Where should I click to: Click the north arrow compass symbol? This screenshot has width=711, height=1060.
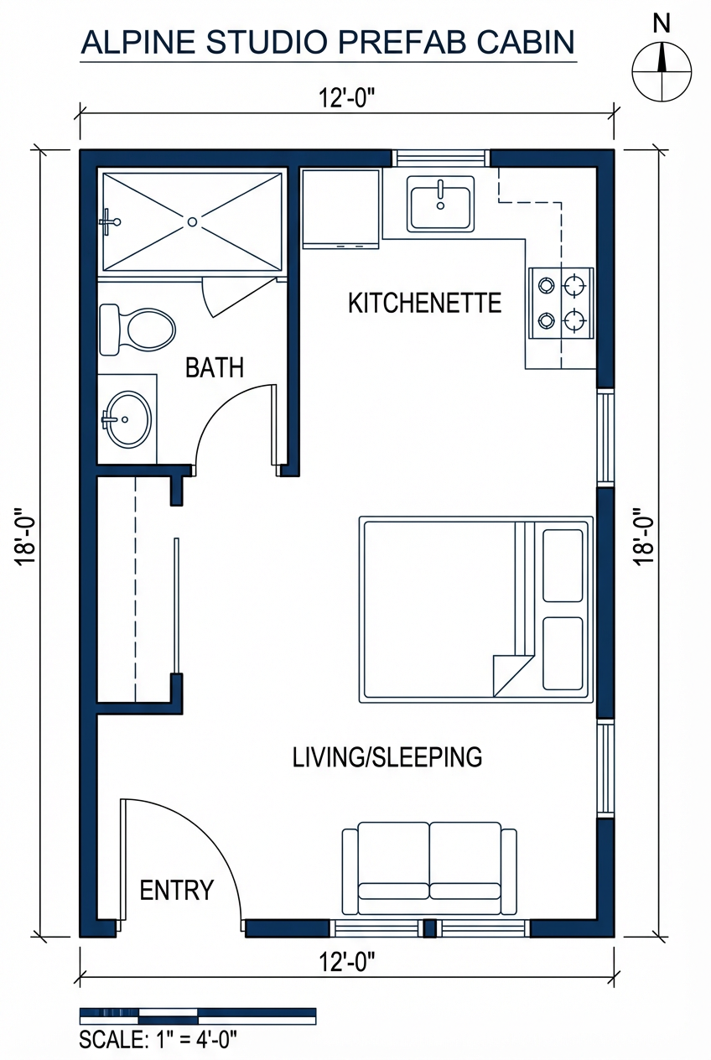(x=662, y=69)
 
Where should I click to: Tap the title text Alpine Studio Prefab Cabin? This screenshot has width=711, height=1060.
(x=328, y=42)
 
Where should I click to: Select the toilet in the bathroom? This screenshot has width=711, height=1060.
(x=137, y=329)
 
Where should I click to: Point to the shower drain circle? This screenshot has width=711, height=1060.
(x=192, y=221)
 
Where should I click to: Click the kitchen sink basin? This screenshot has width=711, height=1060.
(x=440, y=203)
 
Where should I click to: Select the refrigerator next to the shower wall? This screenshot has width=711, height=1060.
(x=341, y=209)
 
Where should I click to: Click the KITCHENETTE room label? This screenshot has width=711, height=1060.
(x=424, y=303)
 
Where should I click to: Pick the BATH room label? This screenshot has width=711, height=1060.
(x=215, y=367)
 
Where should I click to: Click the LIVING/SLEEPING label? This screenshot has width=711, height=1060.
(x=387, y=756)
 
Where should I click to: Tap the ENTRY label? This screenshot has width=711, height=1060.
(x=176, y=890)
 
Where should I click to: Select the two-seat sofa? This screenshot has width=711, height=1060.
(x=429, y=869)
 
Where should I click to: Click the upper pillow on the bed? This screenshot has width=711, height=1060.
(x=563, y=565)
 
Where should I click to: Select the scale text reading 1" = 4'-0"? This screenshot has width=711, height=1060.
(x=158, y=1040)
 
